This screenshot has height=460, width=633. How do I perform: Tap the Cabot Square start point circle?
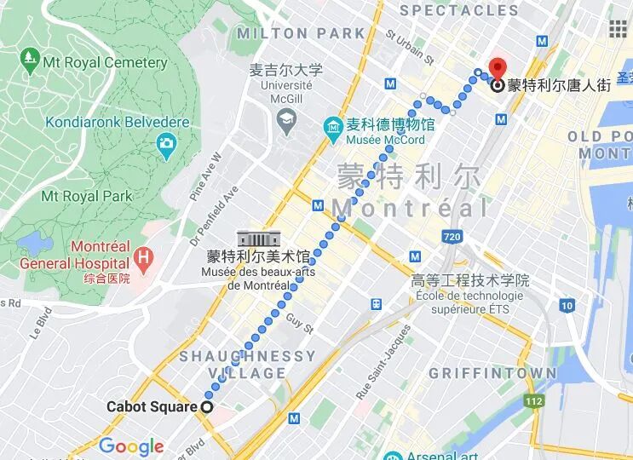click(206, 407)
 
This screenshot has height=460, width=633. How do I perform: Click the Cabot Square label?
click(151, 407)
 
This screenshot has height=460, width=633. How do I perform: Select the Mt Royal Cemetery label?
click(105, 62)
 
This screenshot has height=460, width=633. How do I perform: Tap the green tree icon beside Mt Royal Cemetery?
click(31, 60)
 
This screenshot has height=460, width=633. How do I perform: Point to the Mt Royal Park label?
click(87, 196)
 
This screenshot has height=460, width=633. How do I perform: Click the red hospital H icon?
click(144, 255)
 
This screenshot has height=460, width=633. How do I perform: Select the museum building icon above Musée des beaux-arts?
click(253, 239)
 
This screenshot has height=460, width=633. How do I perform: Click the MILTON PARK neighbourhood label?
click(301, 34)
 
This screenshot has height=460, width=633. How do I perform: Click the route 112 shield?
click(533, 401)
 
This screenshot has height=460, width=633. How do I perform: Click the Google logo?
click(130, 446)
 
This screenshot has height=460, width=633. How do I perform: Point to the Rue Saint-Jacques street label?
click(376, 365)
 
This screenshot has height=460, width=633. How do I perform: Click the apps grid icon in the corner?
click(618, 28)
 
